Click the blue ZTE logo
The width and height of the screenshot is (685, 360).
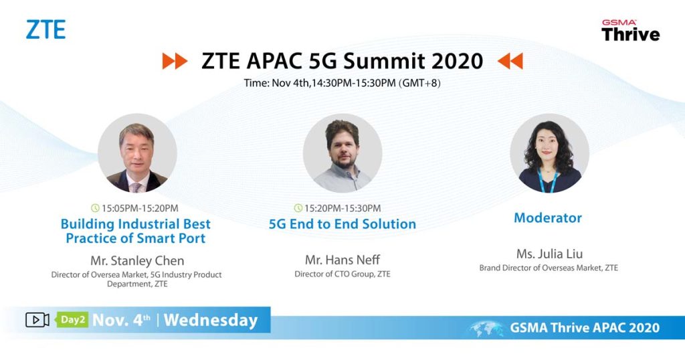(x=45, y=29)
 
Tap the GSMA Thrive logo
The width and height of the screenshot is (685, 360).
(x=630, y=30)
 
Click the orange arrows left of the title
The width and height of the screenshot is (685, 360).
(x=175, y=61)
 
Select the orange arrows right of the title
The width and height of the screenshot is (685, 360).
(x=510, y=61)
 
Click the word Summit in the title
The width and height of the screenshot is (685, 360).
(x=385, y=61)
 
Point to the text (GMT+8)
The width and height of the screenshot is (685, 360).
(x=419, y=83)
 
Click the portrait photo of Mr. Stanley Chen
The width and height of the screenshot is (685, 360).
(x=137, y=153)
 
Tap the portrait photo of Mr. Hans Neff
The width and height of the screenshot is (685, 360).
(x=342, y=153)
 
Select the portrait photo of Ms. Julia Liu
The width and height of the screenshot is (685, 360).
(x=549, y=153)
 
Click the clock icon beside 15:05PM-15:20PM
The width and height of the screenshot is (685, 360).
(x=95, y=208)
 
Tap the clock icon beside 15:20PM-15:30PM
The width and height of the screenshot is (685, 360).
(x=298, y=208)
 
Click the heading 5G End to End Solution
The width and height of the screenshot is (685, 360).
(x=342, y=223)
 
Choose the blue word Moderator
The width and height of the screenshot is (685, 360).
(x=548, y=217)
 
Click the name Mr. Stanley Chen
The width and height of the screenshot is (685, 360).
(x=137, y=261)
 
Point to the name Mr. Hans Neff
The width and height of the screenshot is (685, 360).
(x=342, y=260)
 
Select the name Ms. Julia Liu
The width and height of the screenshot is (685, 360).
(x=549, y=254)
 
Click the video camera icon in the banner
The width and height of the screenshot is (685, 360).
(x=37, y=320)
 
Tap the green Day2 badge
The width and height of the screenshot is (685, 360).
(x=72, y=320)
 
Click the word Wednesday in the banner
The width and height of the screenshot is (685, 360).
(x=211, y=321)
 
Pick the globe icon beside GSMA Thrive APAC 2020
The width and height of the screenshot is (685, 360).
(x=486, y=329)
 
